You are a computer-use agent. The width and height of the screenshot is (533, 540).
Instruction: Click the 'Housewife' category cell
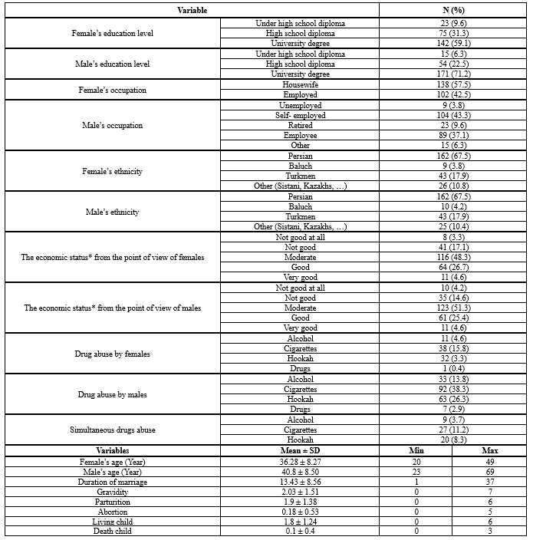point(301,84)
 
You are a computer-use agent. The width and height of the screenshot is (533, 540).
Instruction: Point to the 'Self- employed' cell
point(301,115)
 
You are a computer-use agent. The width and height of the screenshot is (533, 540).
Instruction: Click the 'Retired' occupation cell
point(301,125)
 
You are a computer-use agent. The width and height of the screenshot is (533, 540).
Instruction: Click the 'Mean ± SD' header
point(301,450)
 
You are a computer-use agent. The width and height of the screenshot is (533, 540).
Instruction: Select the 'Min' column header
point(416,450)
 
